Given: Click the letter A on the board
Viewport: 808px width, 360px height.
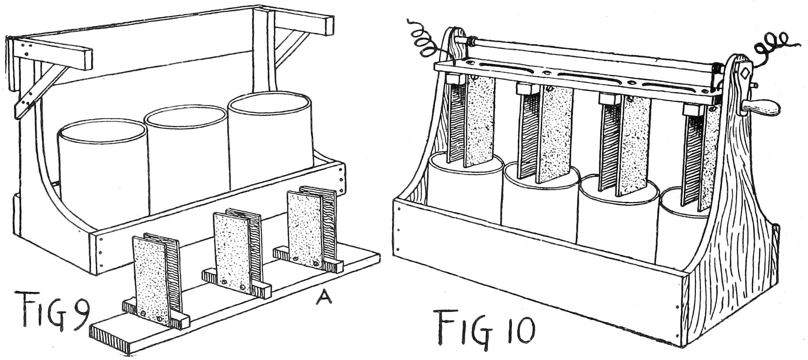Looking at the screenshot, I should point(323,296).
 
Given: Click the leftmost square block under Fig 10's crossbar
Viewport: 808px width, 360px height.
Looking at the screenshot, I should point(456,79).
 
